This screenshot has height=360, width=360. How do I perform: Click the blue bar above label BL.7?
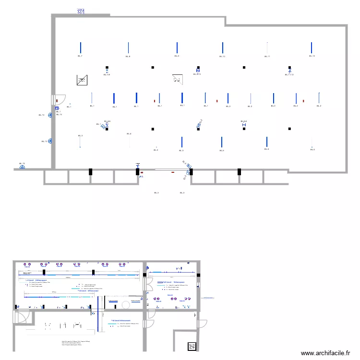pyautogui.click(x=81, y=48)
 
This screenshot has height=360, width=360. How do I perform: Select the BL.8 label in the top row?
pyautogui.click(x=128, y=57)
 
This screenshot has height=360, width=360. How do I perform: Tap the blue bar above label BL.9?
pyautogui.click(x=177, y=48)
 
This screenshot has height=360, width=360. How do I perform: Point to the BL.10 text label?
pyautogui.click(x=222, y=57)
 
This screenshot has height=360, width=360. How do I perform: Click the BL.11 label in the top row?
pyautogui.click(x=267, y=57)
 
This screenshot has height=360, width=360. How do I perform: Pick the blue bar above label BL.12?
pyautogui.click(x=312, y=48)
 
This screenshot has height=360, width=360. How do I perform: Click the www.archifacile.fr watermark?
pyautogui.click(x=325, y=353)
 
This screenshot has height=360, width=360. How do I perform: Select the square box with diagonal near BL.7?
pyautogui.click(x=82, y=80)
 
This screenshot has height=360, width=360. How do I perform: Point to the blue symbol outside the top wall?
pyautogui.click(x=81, y=11)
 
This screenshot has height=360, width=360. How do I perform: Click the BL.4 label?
pyautogui.click(x=129, y=134)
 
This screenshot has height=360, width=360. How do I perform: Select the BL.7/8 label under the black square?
pyautogui.click(x=107, y=75)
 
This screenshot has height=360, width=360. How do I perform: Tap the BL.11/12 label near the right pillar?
pyautogui.click(x=289, y=75)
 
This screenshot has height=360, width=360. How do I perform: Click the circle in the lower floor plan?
pyautogui.click(x=126, y=305)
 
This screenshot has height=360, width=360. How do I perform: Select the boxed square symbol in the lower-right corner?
pyautogui.click(x=192, y=346)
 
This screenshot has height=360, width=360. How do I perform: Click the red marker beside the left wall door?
pyautogui.click(x=58, y=100)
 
